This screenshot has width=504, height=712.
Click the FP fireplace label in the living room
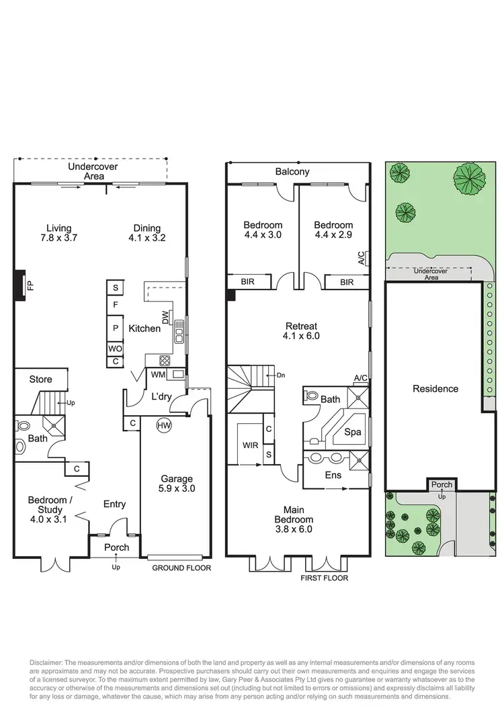30,285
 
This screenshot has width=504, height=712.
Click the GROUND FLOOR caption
181,568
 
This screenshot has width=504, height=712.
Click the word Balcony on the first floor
292,172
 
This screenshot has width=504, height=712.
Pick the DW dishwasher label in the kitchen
165,316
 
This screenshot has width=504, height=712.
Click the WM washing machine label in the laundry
159,374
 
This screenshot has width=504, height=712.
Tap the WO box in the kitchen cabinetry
115,349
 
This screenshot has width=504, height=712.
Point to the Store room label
40,380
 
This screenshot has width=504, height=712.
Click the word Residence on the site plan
435,388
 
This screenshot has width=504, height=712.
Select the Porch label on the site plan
442,485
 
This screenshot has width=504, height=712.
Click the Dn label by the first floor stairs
280,375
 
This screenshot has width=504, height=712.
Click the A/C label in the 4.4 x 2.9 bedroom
362,258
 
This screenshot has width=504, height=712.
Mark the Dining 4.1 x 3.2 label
146,232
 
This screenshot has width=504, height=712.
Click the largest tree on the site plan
469,177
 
